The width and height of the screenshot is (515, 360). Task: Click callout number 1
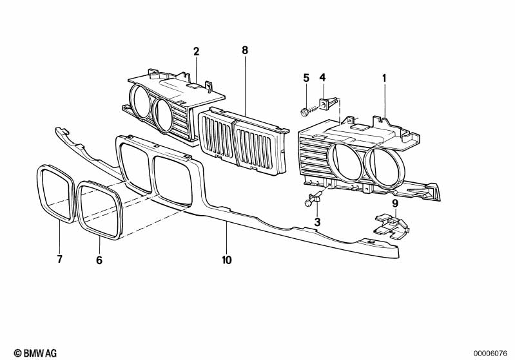[384, 78]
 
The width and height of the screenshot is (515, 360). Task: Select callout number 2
[196, 51]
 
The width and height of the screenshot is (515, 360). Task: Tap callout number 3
[317, 222]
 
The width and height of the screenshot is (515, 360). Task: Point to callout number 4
[323, 78]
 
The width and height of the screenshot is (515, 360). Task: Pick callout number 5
[306, 78]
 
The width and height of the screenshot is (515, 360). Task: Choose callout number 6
[99, 260]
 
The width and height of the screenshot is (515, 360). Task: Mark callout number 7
[59, 260]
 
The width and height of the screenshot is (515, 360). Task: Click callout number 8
[245, 50]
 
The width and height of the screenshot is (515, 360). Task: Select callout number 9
[395, 203]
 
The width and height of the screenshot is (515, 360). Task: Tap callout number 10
[227, 260]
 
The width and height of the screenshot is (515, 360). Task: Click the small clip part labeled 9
[393, 226]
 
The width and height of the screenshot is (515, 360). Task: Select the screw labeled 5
[306, 113]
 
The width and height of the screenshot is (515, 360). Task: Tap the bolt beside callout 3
[308, 203]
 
